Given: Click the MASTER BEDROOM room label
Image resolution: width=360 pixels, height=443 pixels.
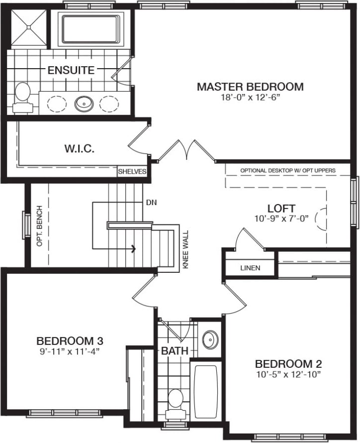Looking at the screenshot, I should click(250, 87).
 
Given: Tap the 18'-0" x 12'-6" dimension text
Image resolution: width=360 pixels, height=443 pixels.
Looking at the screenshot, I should click(250, 98).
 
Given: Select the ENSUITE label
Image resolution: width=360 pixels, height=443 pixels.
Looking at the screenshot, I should click(71, 70).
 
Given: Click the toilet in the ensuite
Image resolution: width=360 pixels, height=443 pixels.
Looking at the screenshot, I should click(22, 96).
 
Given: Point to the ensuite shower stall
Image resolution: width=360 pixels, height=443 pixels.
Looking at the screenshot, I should click(28, 28).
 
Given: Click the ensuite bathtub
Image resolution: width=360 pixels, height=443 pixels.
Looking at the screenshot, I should click(90, 28).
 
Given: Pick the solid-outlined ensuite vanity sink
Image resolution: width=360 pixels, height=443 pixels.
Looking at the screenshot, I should click(84, 104).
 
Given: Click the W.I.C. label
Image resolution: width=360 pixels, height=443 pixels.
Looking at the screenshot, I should click(80, 148).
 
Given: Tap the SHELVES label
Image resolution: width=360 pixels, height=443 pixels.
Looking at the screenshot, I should click(132, 172).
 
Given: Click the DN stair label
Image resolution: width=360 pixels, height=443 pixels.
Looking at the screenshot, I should click(152, 203).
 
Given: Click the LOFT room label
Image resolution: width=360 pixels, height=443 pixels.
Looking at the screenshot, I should click(281, 208).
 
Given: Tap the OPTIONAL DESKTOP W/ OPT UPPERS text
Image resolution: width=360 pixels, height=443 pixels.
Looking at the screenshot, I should click(287, 170).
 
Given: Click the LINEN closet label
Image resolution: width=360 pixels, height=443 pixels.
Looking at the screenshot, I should click(250, 268).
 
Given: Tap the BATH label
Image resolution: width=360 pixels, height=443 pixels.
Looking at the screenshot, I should click(174, 351).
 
